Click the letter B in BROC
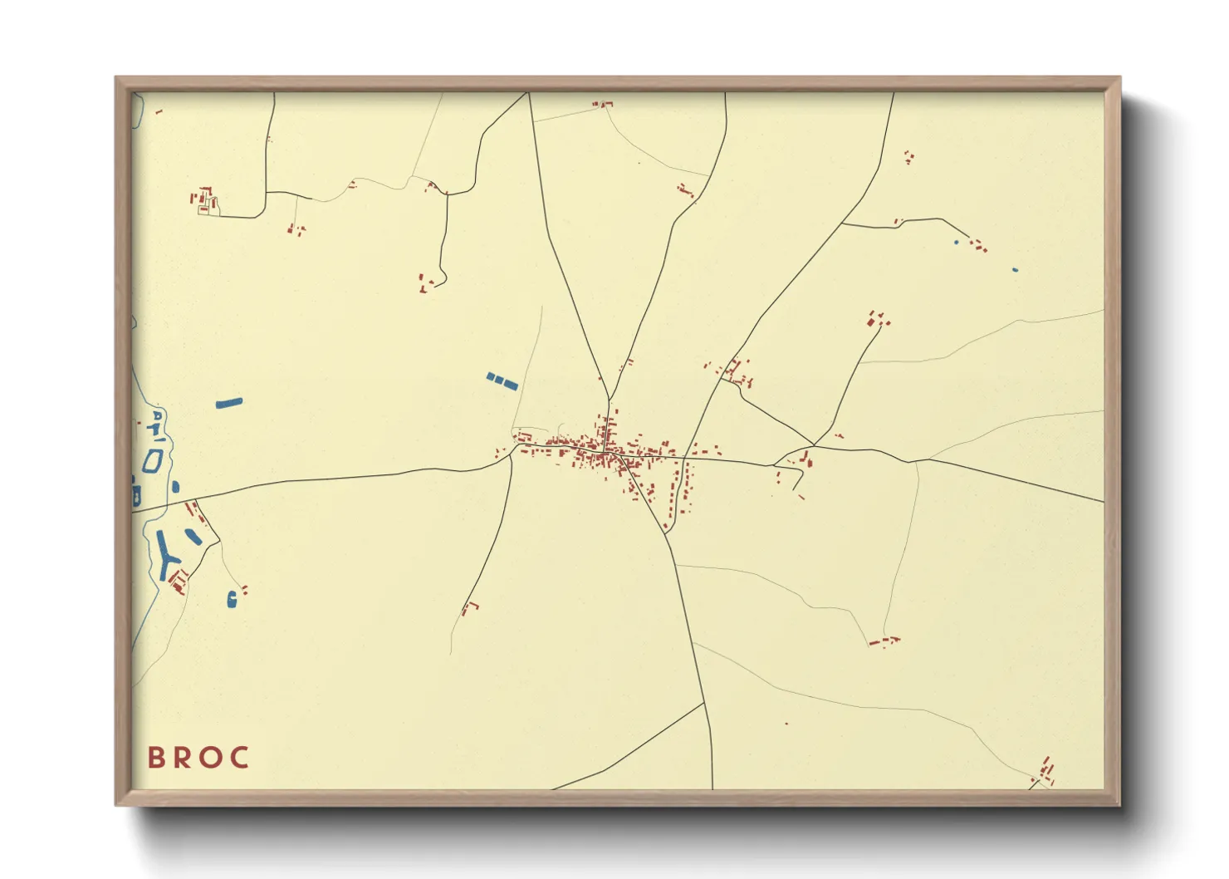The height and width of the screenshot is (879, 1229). coord(155,758)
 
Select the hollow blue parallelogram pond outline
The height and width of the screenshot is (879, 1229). coord(152,460)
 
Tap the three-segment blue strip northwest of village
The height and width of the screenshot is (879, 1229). coord(502,381)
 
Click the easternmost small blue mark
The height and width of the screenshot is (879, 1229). coord(1015,270)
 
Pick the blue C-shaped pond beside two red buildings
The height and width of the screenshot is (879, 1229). coord(232,597)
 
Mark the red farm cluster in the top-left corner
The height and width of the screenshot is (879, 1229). coord(204,200)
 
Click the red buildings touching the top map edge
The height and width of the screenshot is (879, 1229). coord(603,104)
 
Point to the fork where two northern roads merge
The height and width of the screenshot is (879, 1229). coord(609,400)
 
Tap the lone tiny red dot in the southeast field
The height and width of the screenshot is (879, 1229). coord(786,724)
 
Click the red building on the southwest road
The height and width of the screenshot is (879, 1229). coord(471,606)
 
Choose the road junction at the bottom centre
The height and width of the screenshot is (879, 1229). coord(705,703)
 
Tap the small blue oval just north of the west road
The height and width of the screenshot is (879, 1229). coord(175,487)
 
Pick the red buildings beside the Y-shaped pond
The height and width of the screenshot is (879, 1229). coord(179,580)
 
